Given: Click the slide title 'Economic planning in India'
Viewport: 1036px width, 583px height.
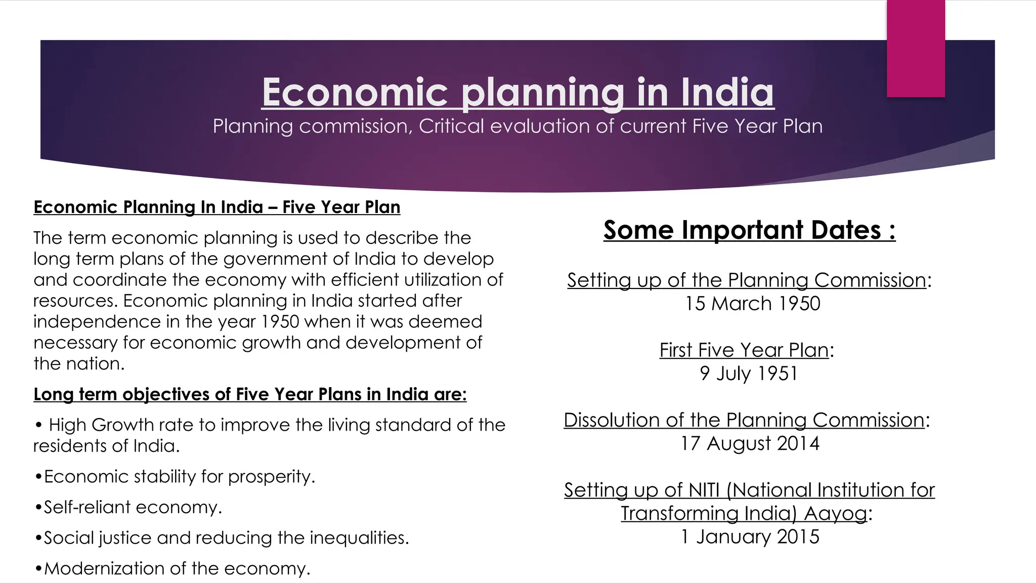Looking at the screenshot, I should click(x=517, y=93).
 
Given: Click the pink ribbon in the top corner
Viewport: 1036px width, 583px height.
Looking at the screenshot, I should click(x=916, y=49).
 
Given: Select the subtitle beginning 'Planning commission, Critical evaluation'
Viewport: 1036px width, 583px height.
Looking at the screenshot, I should click(x=517, y=126).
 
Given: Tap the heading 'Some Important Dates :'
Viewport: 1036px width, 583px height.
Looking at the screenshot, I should click(x=749, y=230).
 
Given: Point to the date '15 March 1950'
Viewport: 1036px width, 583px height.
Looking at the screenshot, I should click(x=752, y=304).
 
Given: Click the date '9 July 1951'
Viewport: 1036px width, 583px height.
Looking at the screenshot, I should click(x=749, y=373).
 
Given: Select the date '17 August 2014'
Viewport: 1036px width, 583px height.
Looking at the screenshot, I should click(x=750, y=443).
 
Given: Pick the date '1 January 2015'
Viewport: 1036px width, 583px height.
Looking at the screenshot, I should click(x=750, y=536).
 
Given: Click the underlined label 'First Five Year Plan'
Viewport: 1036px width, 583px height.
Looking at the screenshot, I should click(x=744, y=350).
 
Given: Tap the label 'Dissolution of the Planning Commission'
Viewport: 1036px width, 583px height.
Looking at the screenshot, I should click(x=744, y=420).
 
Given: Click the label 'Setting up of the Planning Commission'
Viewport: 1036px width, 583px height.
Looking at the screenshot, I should click(x=747, y=280).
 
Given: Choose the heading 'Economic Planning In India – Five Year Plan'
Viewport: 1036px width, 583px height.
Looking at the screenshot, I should click(x=217, y=207).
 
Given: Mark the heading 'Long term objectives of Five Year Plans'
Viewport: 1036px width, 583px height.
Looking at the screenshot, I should click(x=250, y=394).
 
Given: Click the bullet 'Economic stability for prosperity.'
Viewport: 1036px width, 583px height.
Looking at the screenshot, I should click(x=179, y=476).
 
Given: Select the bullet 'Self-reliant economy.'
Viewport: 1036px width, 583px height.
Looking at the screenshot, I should click(x=133, y=507).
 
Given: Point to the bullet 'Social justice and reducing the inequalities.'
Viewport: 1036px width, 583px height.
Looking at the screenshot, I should click(x=226, y=537).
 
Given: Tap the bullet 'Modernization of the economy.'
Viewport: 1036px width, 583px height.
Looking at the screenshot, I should click(x=177, y=568).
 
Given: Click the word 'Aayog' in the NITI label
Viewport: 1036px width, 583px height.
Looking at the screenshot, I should click(x=835, y=514).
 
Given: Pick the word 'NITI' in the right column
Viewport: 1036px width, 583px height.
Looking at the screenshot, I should click(x=704, y=490).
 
